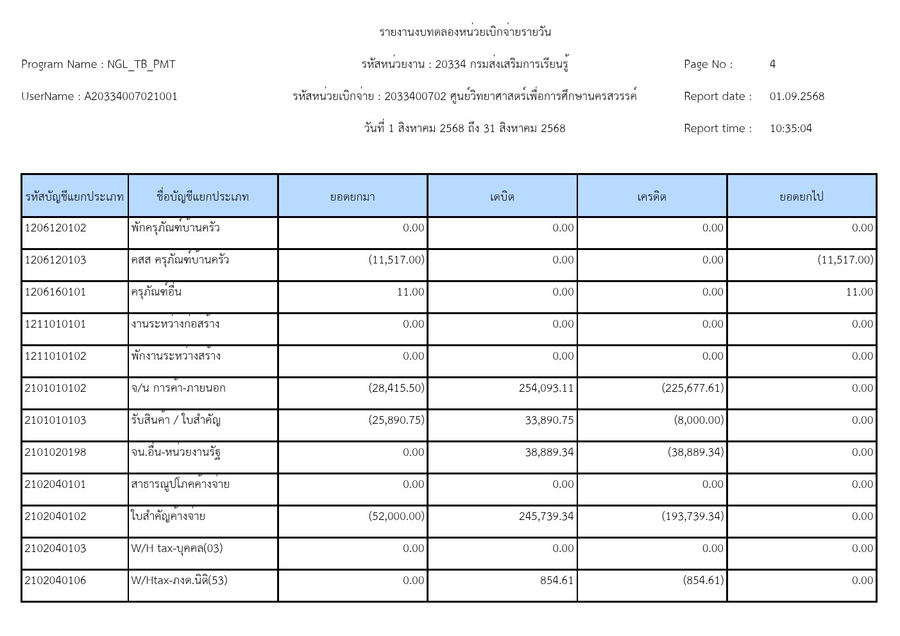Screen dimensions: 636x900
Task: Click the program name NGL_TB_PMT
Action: (x=141, y=64)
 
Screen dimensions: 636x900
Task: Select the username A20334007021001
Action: (x=131, y=96)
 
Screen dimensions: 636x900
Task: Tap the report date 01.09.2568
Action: (x=797, y=96)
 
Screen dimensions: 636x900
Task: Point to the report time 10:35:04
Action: (x=790, y=128)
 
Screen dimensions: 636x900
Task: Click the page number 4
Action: (x=772, y=64)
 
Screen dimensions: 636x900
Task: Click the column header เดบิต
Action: (x=502, y=197)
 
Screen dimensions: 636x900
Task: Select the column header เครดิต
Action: (x=652, y=197)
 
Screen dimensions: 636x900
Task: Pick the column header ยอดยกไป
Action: (x=801, y=197)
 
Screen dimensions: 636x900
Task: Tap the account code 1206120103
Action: (x=55, y=260)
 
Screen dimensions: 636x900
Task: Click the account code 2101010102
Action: (x=55, y=388)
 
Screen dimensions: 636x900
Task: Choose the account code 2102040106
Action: (x=55, y=580)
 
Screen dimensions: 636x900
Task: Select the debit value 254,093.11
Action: (x=546, y=388)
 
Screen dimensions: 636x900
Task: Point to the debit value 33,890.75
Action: (x=549, y=420)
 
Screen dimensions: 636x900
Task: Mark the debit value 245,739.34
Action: (x=546, y=516)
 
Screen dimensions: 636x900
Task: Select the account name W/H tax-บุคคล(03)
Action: (x=177, y=548)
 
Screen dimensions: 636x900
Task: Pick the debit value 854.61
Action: (x=556, y=580)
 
